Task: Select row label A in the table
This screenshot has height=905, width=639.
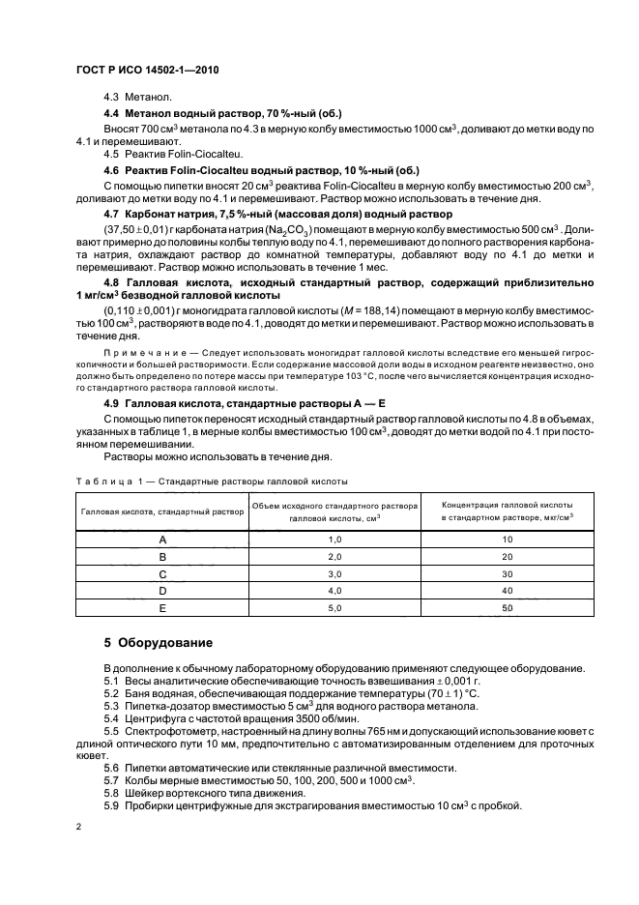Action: tap(162, 539)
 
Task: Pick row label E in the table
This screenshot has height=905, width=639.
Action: tap(162, 607)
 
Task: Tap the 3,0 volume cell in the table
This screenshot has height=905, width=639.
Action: tap(335, 573)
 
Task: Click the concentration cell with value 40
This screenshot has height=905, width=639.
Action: tap(507, 590)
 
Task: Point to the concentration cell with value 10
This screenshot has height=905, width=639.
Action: tap(507, 539)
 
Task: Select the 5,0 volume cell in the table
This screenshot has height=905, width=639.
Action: tap(335, 607)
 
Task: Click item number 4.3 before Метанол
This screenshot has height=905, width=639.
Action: tap(112, 99)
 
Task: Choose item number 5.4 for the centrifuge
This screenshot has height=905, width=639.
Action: tap(112, 718)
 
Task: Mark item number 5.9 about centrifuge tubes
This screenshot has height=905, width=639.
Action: tap(112, 805)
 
